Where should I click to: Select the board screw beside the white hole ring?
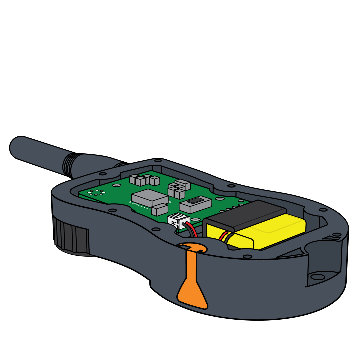click(116, 185)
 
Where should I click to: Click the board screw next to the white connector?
click(196, 219)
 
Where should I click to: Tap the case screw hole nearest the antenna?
click(103, 174)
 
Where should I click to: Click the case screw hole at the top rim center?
click(158, 160)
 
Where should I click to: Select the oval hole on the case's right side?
click(317, 277)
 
